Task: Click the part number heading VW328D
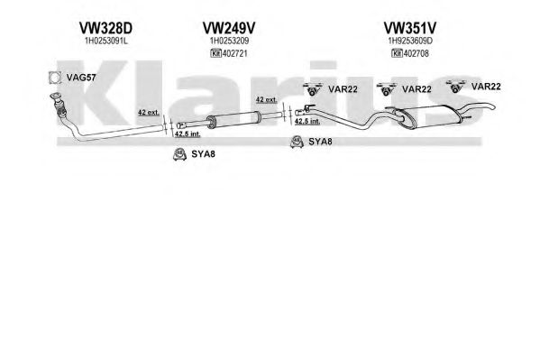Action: [105, 28]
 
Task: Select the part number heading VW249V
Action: [229, 28]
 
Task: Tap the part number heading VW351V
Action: [410, 28]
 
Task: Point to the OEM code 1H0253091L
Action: [106, 41]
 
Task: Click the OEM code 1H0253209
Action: [229, 41]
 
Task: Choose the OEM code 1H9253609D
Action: [410, 41]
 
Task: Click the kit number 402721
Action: [235, 53]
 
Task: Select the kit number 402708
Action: [416, 53]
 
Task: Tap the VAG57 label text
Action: [81, 78]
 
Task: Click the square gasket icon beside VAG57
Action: [54, 78]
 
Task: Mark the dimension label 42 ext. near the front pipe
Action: [149, 113]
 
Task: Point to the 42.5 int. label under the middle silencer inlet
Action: [188, 134]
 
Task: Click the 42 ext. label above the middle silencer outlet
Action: [266, 99]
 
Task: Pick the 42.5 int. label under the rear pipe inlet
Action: [307, 121]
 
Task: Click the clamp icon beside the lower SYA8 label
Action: [179, 154]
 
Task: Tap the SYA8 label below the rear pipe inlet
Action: [320, 142]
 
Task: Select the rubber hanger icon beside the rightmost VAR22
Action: [455, 87]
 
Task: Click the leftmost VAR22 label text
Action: [343, 89]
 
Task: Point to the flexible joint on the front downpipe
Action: [59, 108]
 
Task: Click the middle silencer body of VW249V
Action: [233, 119]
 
